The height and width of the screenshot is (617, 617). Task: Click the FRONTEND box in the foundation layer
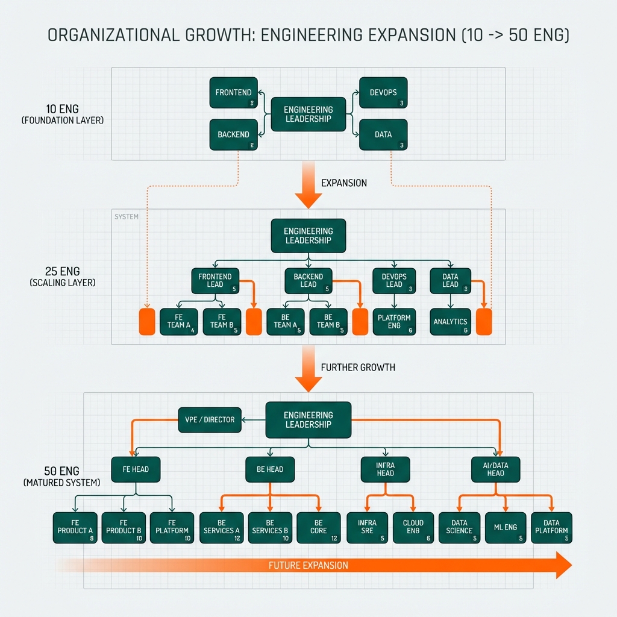234,93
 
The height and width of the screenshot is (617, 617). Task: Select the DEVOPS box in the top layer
383,93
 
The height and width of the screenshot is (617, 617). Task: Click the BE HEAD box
270,469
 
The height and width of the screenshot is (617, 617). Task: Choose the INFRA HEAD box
386,469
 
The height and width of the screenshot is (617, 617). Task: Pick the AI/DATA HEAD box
496,469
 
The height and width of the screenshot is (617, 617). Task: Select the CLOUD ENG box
413,527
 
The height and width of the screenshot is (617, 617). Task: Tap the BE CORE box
318,527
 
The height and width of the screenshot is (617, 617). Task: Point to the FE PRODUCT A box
75,527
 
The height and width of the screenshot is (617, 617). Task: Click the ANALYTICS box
450,322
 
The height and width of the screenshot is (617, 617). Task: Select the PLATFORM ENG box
394,322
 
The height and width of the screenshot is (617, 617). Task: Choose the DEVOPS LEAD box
394,280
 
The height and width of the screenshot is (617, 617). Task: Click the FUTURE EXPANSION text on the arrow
308,565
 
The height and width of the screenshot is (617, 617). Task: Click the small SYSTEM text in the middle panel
126,216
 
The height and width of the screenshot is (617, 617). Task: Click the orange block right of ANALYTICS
484,322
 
